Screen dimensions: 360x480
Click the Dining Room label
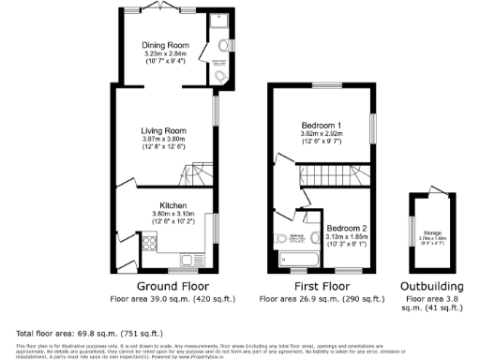point(165,45)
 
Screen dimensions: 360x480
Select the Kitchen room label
point(172,204)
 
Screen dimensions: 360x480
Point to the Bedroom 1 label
point(321,125)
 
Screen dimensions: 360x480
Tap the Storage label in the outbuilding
point(432,232)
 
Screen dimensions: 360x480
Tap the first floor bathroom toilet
point(284,238)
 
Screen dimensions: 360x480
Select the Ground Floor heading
point(172,286)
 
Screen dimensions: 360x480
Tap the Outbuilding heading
point(431,286)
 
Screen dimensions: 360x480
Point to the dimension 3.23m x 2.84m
point(165,54)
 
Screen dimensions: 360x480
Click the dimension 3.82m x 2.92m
point(321,134)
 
